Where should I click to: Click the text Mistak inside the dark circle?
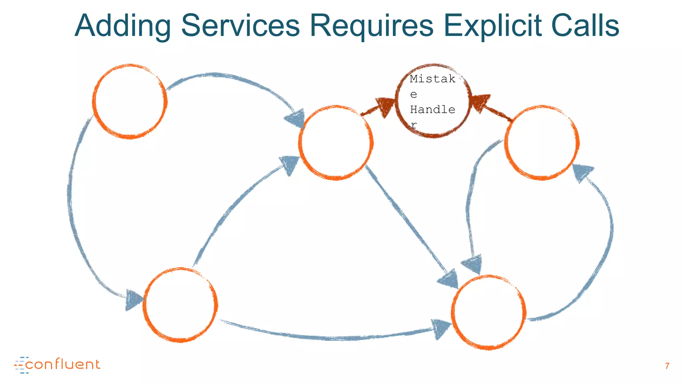432,79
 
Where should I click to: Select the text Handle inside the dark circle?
432,110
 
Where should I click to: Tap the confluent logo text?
62,364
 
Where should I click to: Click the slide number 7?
667,366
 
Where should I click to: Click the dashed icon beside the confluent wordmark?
20,365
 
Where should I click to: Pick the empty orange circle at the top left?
130,101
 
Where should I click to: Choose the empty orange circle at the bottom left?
180,305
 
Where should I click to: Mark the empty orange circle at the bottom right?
489,312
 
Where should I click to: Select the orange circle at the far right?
542,143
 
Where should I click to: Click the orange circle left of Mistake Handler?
336,143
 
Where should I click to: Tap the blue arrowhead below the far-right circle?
582,172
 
